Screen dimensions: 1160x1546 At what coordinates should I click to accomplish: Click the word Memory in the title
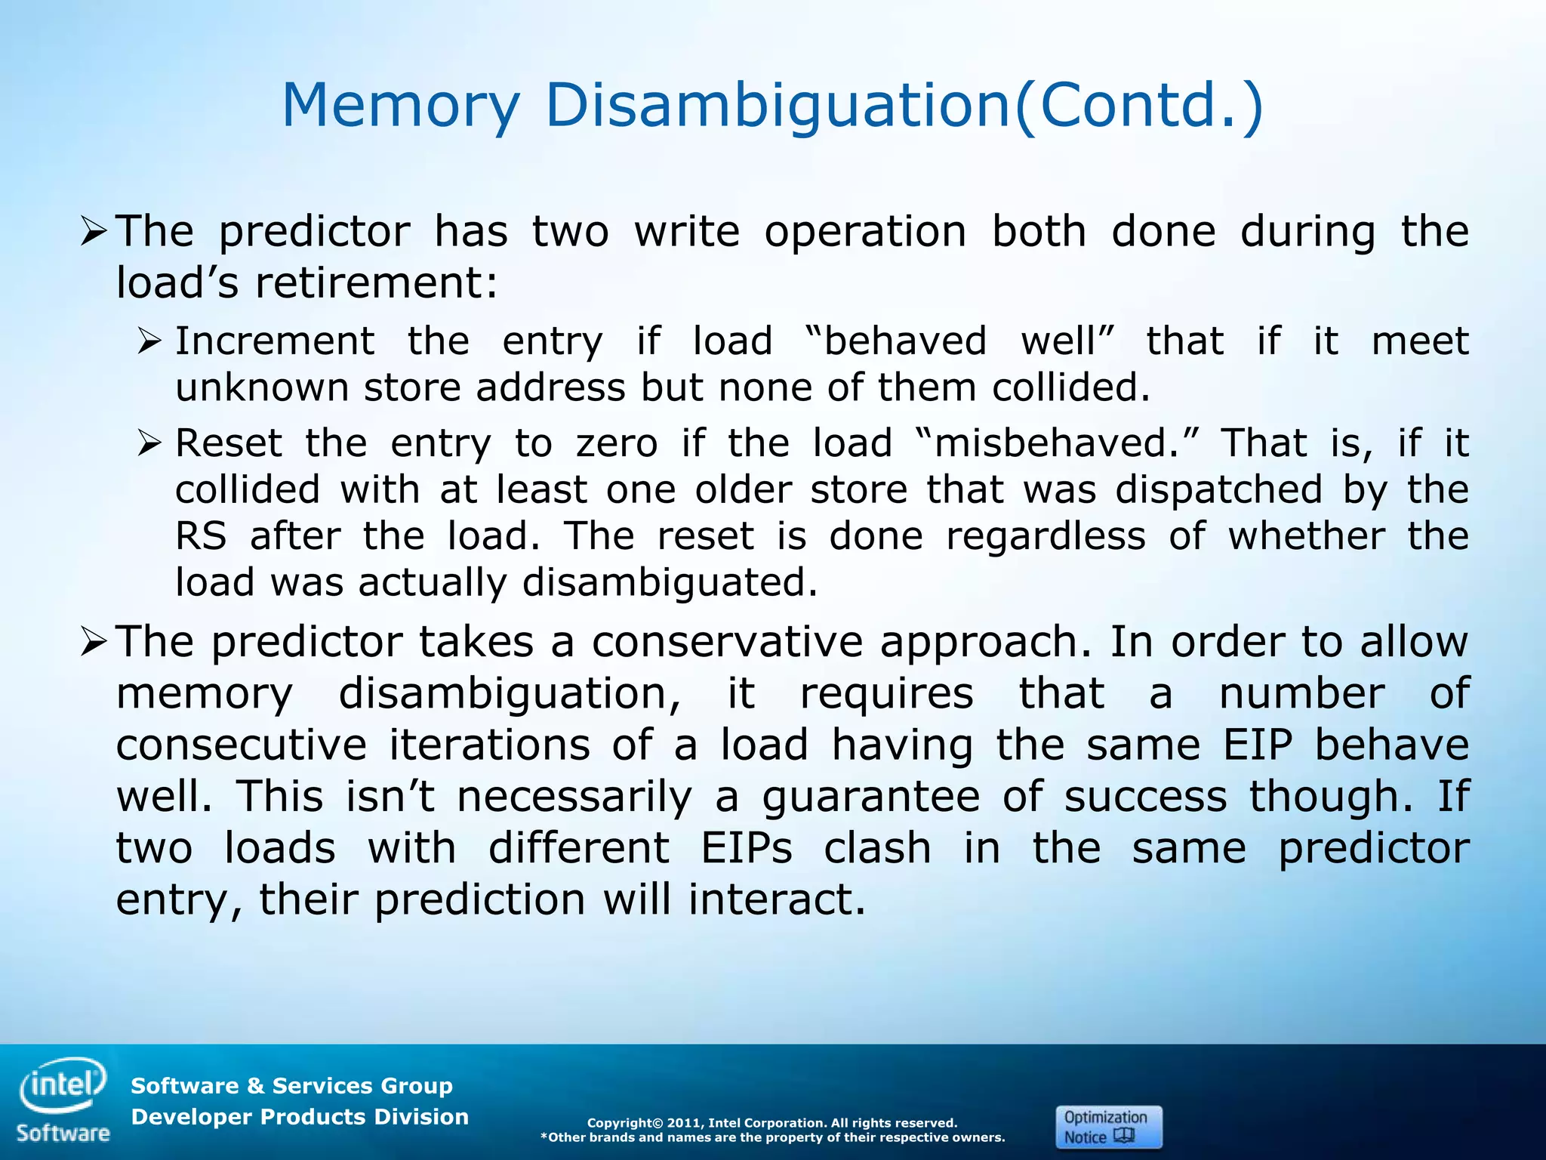[401, 106]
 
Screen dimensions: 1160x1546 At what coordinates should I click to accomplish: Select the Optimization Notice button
[1107, 1127]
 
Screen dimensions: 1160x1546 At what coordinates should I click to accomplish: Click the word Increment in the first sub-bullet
[275, 341]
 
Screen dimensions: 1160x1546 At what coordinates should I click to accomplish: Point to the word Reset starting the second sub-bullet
[229, 443]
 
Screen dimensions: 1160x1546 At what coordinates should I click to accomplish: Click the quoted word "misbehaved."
[1056, 443]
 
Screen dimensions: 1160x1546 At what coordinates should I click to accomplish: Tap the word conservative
[727, 643]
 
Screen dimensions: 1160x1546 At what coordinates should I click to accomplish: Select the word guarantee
[870, 797]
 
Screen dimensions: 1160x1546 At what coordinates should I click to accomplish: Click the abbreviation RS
[201, 536]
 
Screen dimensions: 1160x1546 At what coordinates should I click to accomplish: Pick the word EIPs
[747, 849]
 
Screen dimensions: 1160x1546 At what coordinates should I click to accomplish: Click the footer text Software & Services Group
[291, 1086]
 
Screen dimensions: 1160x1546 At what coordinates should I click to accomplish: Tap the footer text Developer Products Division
[300, 1117]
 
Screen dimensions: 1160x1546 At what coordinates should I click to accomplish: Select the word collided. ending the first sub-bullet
[1071, 388]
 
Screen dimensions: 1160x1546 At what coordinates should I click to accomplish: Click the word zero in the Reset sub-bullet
[617, 443]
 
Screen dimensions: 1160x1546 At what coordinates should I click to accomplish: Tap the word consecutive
[241, 745]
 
